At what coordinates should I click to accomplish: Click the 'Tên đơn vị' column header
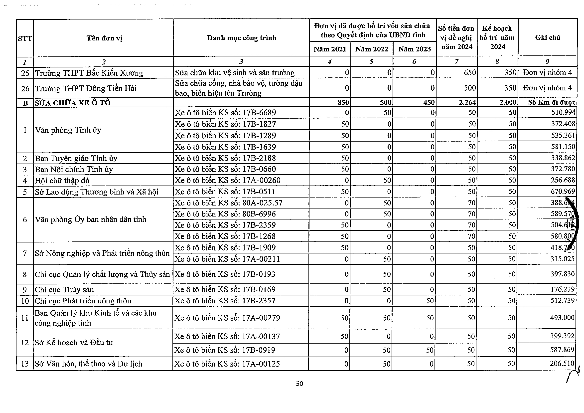tap(104, 38)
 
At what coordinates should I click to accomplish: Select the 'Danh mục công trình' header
tap(241, 38)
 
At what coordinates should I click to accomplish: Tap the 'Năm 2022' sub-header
tap(372, 49)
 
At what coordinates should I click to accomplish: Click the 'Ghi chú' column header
tap(548, 38)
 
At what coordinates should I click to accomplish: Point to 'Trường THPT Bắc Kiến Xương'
tap(89, 73)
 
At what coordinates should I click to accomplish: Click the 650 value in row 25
tap(469, 73)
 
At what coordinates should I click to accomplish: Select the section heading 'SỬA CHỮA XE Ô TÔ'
tap(73, 103)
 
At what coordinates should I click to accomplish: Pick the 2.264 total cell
tap(467, 103)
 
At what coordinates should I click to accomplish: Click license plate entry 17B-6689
tap(225, 112)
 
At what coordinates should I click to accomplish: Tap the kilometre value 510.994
tap(563, 112)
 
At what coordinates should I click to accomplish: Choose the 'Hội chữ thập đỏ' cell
tap(62, 181)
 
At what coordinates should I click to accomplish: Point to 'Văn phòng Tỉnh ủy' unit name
tap(68, 130)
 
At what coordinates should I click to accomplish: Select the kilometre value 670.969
tap(563, 191)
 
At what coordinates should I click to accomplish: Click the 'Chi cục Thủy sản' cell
tap(64, 290)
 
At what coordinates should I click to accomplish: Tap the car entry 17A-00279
tap(227, 318)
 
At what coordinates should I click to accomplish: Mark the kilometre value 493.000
tap(562, 318)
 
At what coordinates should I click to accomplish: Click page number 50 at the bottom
tap(299, 384)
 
